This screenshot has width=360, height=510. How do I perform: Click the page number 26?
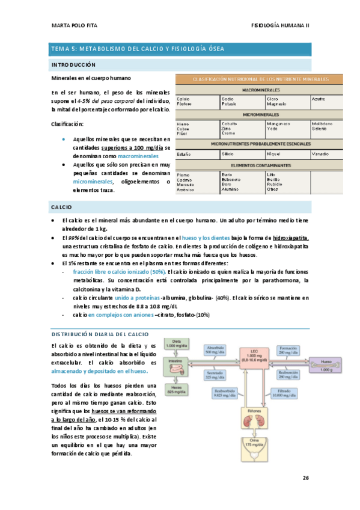coord(305,478)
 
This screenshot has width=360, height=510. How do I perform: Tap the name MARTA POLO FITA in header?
coord(72,25)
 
